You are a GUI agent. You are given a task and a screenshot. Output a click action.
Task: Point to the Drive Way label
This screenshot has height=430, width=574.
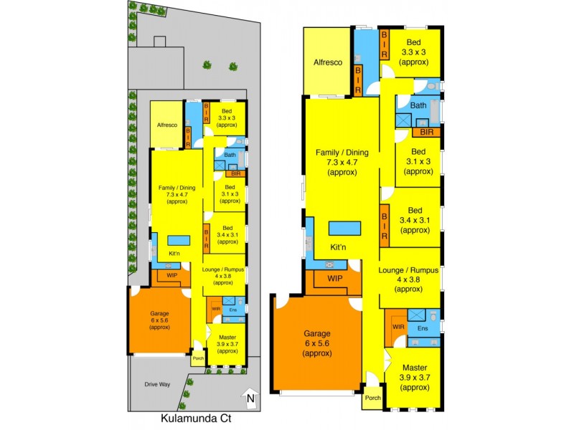click(x=157, y=385)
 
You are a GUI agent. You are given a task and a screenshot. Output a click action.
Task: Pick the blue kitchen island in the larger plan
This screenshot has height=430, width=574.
click(x=346, y=229)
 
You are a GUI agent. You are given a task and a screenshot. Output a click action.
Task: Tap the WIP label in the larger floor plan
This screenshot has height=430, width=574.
click(x=334, y=278)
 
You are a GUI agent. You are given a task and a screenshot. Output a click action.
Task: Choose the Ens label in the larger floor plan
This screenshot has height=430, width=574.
click(x=423, y=328)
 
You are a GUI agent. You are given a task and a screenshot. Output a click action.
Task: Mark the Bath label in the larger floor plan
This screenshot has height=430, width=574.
click(x=419, y=105)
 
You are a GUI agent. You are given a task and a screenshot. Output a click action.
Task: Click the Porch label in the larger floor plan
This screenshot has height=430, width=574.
click(x=372, y=398)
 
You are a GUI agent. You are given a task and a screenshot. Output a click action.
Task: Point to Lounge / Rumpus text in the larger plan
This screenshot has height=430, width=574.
click(x=409, y=269)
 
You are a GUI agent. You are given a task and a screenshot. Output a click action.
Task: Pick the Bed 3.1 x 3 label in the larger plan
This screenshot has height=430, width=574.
click(x=418, y=161)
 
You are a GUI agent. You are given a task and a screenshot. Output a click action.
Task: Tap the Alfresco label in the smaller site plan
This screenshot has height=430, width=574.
click(x=167, y=125)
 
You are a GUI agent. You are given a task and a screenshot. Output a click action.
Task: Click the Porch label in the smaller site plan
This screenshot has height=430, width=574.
click(x=199, y=358)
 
